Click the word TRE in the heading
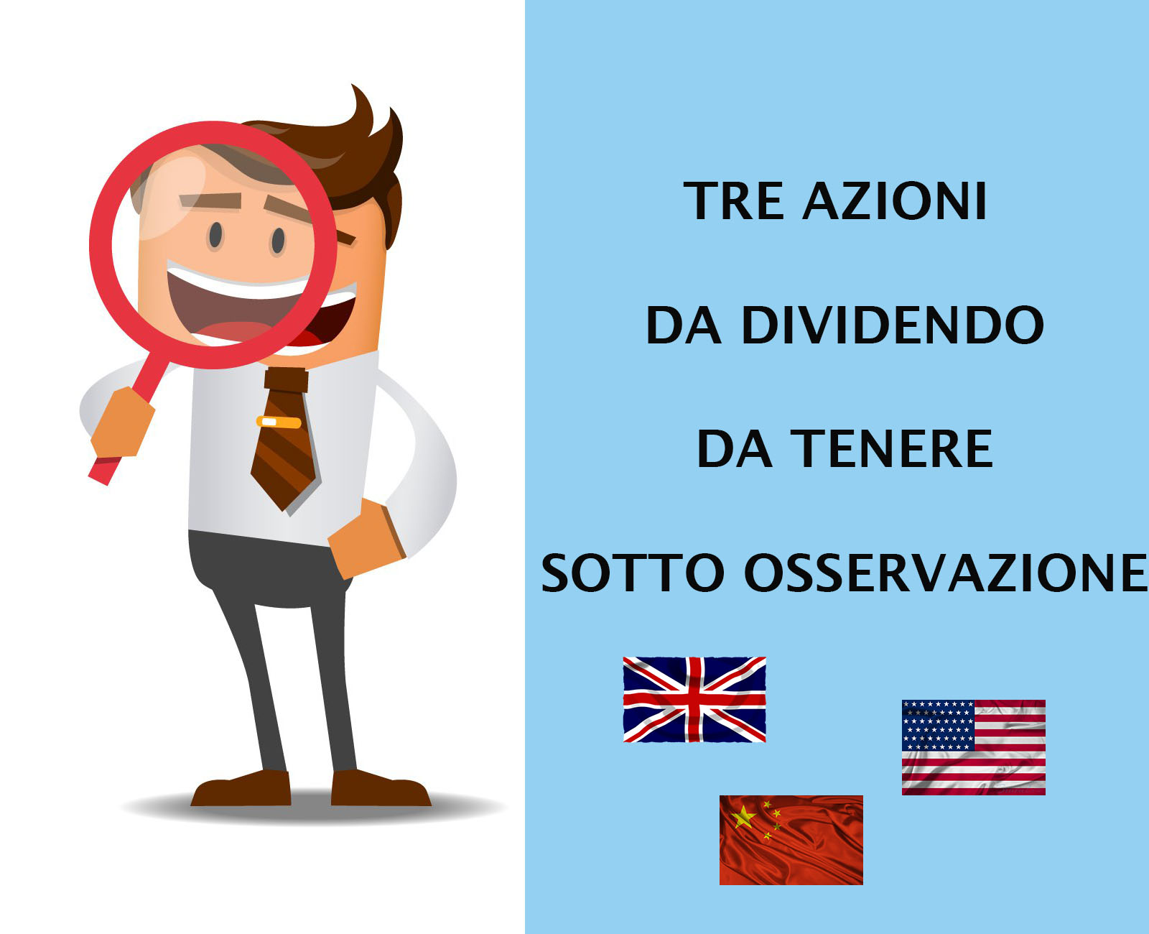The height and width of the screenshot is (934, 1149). point(734,200)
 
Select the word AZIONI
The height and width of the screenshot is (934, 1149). point(894,200)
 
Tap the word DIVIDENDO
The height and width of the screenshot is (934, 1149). point(893,325)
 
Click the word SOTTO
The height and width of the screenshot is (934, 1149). point(633,573)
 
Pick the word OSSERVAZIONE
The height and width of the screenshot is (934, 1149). point(946,573)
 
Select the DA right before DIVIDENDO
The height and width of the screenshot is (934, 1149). point(684,325)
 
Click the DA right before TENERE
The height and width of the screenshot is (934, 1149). point(734,449)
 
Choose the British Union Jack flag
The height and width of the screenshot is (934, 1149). point(694,699)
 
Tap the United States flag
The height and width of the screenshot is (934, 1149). point(974,747)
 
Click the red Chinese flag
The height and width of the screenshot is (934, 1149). point(791,840)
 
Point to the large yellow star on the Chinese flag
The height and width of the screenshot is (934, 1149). point(744,818)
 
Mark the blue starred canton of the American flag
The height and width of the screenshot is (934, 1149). point(938,726)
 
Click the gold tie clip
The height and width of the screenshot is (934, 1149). point(279,422)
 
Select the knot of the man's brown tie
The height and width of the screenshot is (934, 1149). point(286,380)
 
